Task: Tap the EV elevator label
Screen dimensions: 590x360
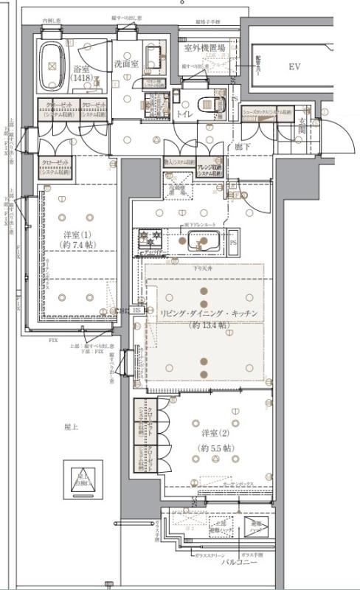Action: click(x=294, y=67)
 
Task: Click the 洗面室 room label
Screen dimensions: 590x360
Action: click(x=126, y=64)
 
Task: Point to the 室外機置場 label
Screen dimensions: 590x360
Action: click(x=204, y=48)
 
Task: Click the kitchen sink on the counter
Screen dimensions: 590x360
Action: click(x=201, y=240)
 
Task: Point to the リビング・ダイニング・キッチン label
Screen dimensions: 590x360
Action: click(x=208, y=313)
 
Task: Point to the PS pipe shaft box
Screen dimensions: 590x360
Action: click(x=232, y=241)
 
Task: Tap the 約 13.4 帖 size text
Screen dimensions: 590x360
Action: click(x=209, y=324)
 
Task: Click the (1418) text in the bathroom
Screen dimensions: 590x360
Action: click(x=81, y=77)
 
